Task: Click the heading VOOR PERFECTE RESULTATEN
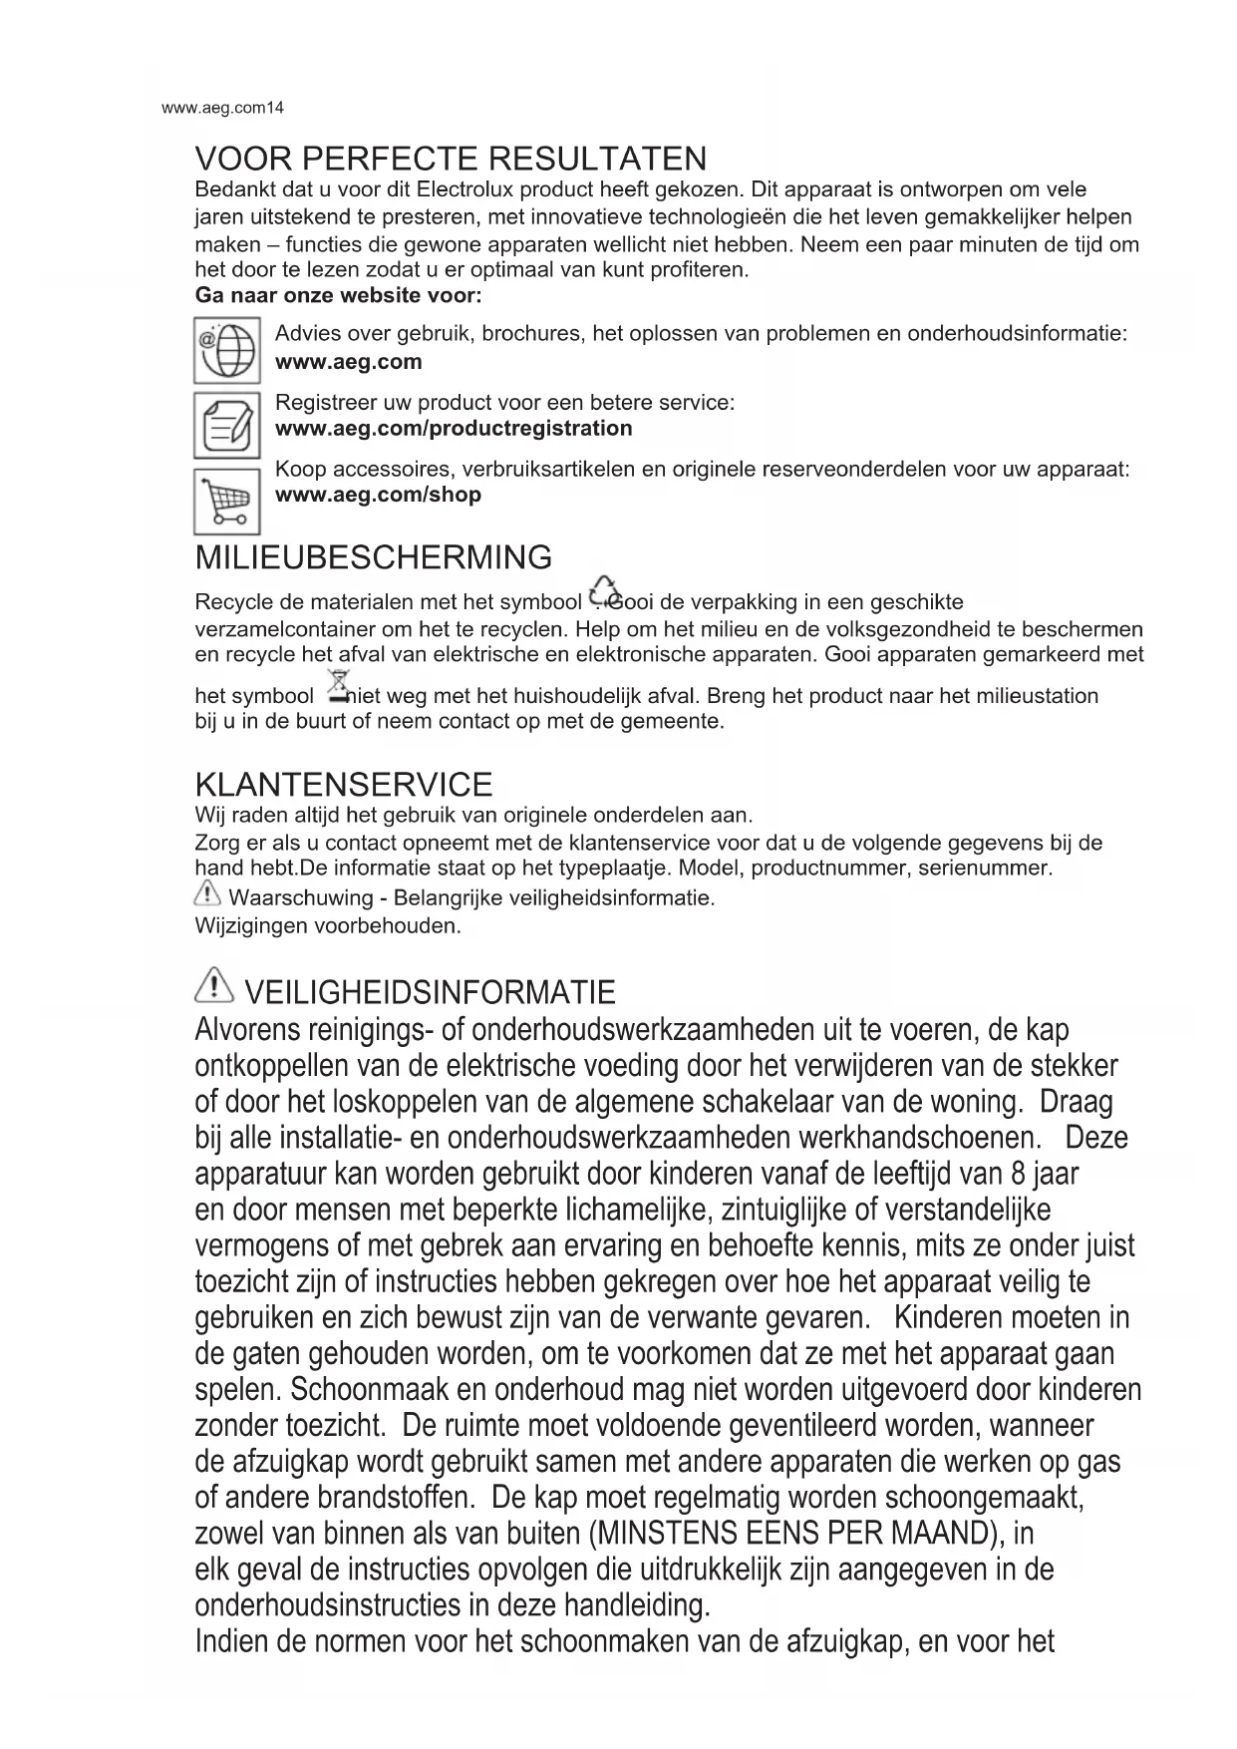coord(451,159)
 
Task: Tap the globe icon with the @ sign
coord(227,350)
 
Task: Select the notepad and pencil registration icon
coord(227,426)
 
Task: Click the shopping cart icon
coord(227,502)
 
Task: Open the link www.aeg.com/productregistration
coord(454,429)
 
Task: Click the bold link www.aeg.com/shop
coord(378,495)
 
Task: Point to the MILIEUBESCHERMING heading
coord(374,557)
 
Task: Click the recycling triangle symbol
coord(604,591)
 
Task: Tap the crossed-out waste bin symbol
coord(339,687)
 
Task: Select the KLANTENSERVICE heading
coord(344,785)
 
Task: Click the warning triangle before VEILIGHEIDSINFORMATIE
coord(214,987)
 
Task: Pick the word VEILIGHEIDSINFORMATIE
coord(430,993)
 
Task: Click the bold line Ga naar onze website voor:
coord(339,296)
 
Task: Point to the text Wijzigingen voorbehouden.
coord(329,925)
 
